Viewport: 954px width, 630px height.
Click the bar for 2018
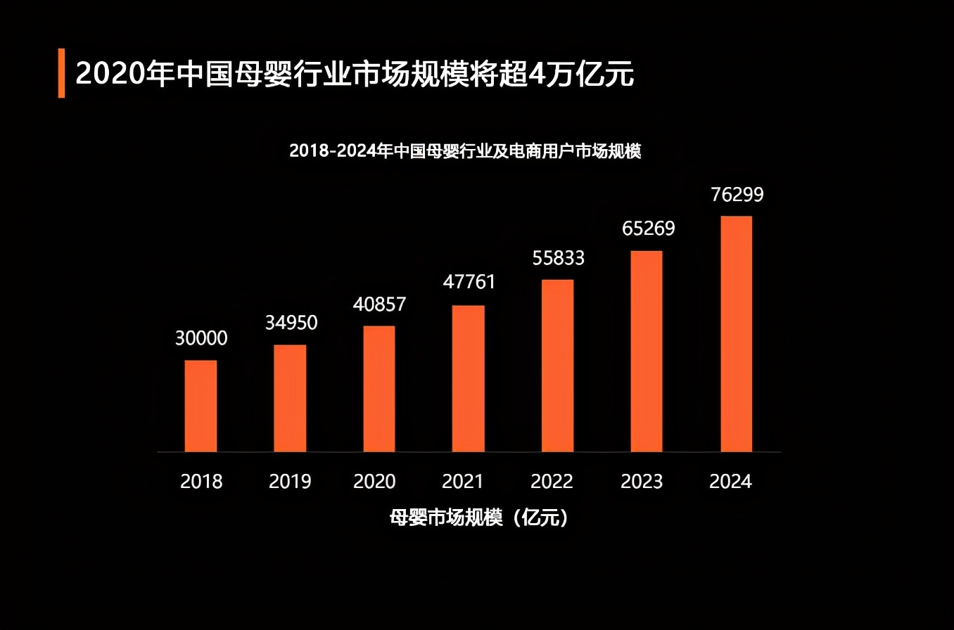pyautogui.click(x=201, y=406)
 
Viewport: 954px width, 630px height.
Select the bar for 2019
pyautogui.click(x=290, y=398)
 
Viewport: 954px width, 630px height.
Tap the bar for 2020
pyautogui.click(x=379, y=389)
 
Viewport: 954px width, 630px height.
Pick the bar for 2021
pyautogui.click(x=469, y=378)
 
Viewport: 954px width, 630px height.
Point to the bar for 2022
pyautogui.click(x=557, y=366)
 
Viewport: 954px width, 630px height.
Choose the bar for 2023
pyautogui.click(x=647, y=351)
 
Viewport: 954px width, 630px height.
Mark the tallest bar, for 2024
pyautogui.click(x=736, y=333)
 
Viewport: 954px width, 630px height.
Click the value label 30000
pyautogui.click(x=201, y=338)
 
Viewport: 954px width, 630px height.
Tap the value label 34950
pyautogui.click(x=291, y=323)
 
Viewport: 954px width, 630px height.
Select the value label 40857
pyautogui.click(x=379, y=304)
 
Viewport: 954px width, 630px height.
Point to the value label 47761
pyautogui.click(x=469, y=282)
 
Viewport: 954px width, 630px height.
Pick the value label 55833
pyautogui.click(x=558, y=258)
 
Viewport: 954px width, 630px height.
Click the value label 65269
pyautogui.click(x=648, y=229)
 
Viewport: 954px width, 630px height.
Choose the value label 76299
pyautogui.click(x=737, y=195)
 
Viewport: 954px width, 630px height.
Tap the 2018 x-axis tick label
pyautogui.click(x=201, y=482)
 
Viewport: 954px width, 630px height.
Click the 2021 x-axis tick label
pyautogui.click(x=463, y=482)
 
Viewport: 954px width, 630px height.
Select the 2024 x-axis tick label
pyautogui.click(x=730, y=482)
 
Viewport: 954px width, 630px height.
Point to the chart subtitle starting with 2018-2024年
pyautogui.click(x=465, y=151)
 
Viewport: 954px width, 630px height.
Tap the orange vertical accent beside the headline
pyautogui.click(x=61, y=73)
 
